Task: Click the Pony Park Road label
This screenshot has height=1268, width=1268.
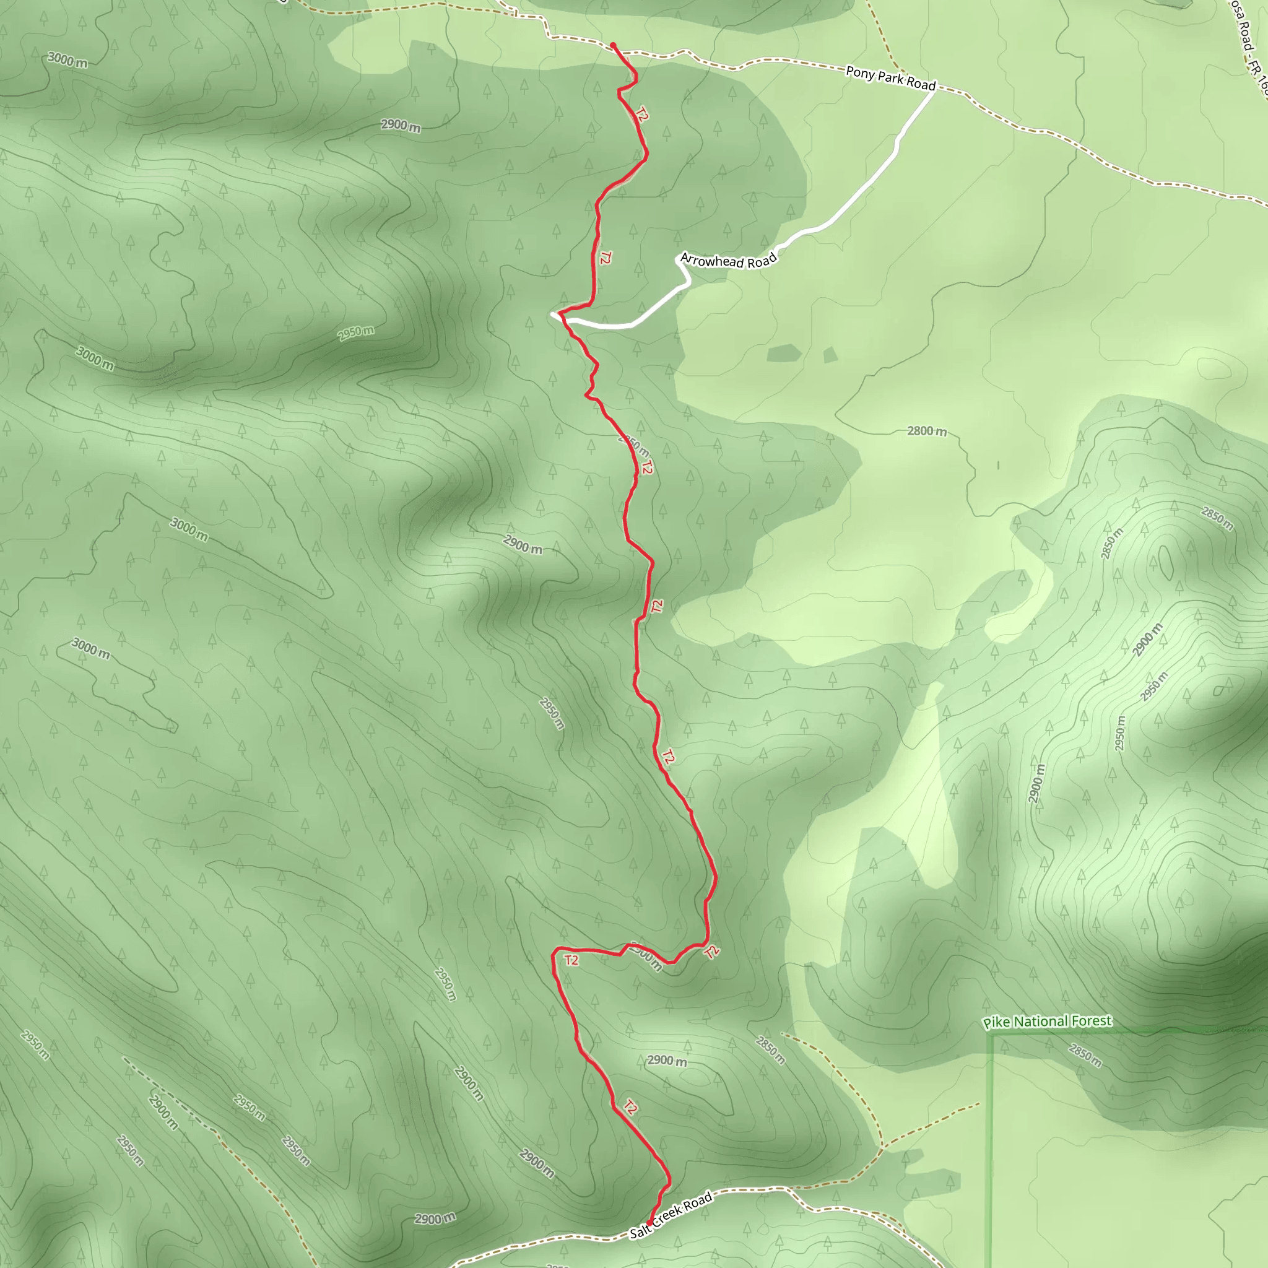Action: coord(890,78)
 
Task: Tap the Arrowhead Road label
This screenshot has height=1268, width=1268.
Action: coord(729,261)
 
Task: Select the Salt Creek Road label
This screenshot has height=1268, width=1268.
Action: coord(671,1216)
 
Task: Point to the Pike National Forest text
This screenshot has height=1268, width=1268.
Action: coord(1048,1021)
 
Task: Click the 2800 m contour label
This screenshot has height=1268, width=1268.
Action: coord(927,431)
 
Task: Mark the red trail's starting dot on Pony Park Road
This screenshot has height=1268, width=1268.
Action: coord(613,45)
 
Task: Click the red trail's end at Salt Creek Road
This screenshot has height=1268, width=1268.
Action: coord(649,1225)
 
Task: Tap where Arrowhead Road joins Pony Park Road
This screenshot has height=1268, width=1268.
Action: coord(934,89)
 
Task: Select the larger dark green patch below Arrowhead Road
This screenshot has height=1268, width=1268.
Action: coord(784,353)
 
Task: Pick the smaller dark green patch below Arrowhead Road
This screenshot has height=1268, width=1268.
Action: coord(830,355)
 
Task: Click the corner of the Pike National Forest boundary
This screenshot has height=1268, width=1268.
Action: coord(989,1035)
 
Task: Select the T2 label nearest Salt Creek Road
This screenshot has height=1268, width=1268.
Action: coord(630,1107)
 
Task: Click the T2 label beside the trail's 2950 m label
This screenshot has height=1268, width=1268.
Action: coord(647,467)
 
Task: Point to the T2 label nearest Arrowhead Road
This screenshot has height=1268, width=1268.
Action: coord(605,258)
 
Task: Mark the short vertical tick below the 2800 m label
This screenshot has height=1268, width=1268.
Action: coord(998,466)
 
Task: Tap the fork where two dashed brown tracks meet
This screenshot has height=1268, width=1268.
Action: coord(881,1148)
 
